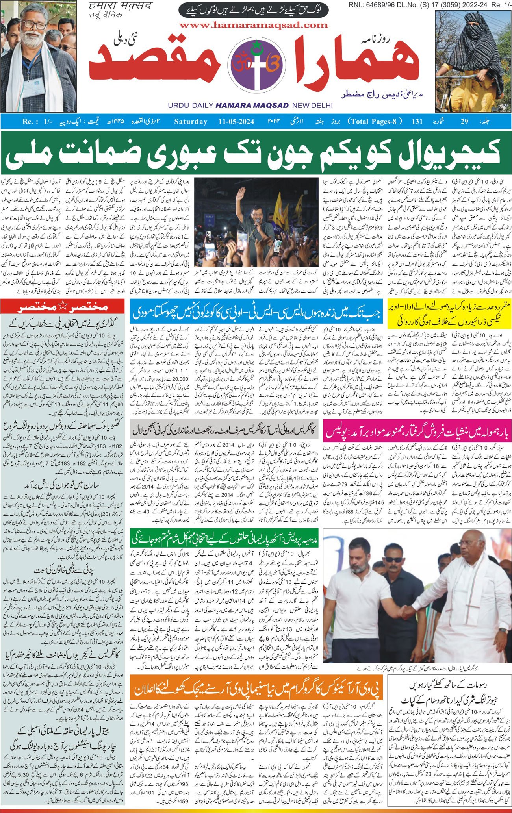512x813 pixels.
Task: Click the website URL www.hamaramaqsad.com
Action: pyautogui.click(x=253, y=25)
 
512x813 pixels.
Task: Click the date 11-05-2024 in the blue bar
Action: pyautogui.click(x=236, y=121)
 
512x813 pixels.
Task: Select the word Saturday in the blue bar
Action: pyautogui.click(x=191, y=121)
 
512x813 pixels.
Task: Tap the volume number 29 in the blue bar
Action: pyautogui.click(x=465, y=121)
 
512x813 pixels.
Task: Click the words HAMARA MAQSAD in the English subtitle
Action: pyautogui.click(x=252, y=106)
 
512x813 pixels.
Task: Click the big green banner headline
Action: pyautogui.click(x=256, y=153)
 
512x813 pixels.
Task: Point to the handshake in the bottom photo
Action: pyautogui.click(x=407, y=623)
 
